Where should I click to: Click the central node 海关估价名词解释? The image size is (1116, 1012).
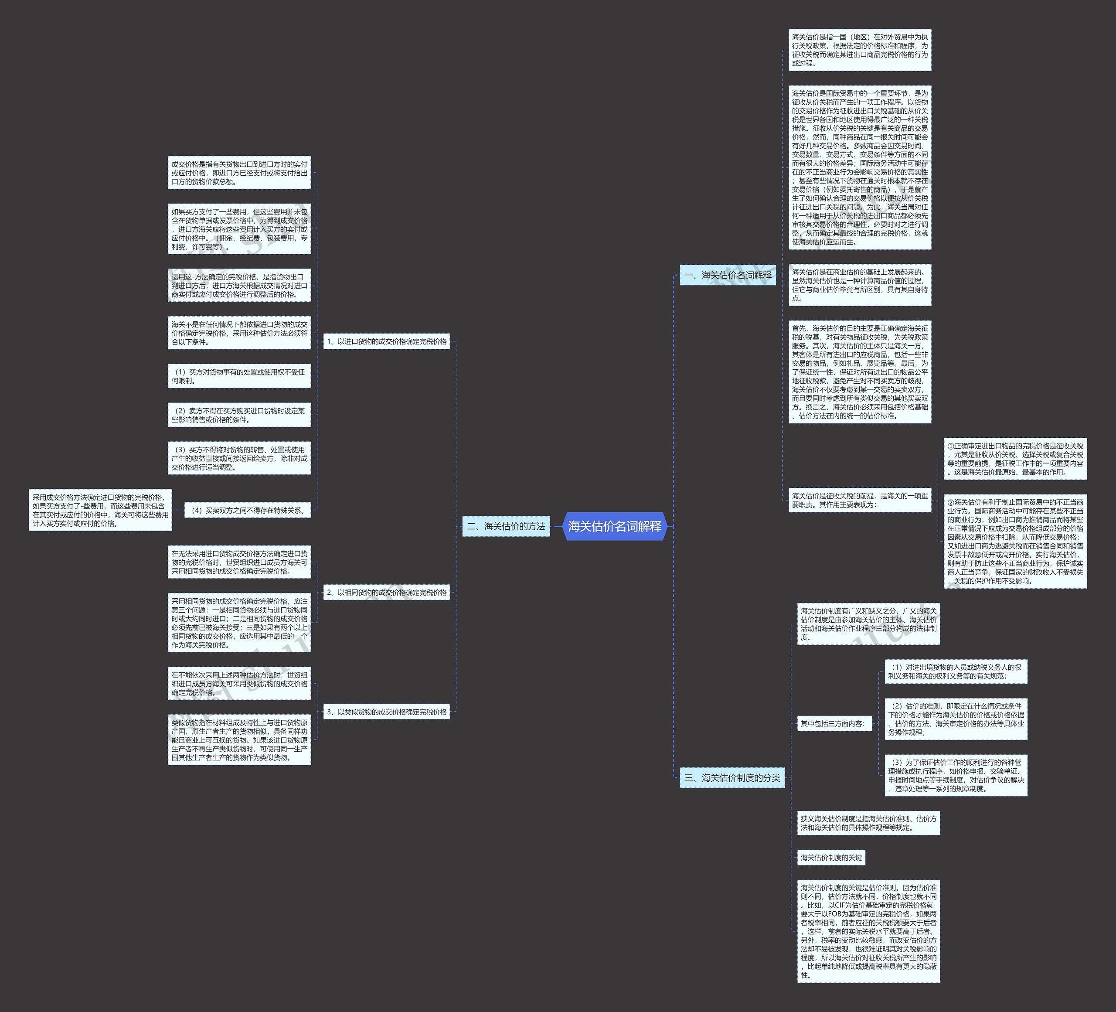615,526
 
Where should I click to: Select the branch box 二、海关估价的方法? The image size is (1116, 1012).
506,526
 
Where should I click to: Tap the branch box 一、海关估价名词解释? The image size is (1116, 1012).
728,275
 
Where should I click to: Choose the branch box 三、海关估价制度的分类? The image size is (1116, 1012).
732,778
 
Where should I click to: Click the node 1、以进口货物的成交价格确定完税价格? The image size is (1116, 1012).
386,341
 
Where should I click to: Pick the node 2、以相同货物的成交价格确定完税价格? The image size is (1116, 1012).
386,593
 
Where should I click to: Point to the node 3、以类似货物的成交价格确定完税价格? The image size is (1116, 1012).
386,712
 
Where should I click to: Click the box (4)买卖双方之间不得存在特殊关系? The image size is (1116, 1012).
248,511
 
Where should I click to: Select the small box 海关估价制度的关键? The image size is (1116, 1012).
831,858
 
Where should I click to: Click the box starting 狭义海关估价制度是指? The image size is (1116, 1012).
868,823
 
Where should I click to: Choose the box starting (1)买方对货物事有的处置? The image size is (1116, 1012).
239,376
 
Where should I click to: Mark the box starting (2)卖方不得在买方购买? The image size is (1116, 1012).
239,415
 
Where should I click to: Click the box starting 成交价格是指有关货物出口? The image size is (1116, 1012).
239,173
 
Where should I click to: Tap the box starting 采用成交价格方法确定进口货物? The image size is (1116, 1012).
100,511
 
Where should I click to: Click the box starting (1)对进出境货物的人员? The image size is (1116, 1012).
956,671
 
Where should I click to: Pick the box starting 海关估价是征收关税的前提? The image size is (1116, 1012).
860,500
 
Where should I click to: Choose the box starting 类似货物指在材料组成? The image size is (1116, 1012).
239,740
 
